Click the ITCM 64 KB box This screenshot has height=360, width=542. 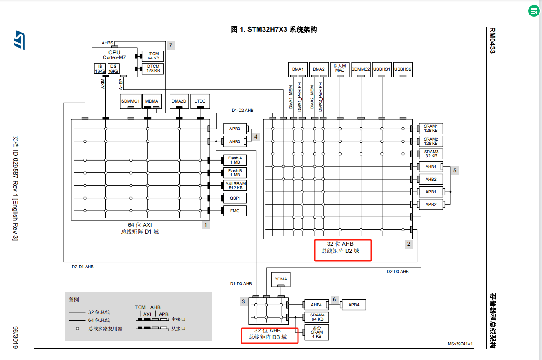click(x=153, y=56)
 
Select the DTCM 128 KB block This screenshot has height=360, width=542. click(x=153, y=69)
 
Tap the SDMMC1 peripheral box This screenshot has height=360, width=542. click(x=131, y=101)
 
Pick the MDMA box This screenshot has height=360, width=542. click(x=152, y=101)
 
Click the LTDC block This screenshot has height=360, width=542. click(x=200, y=101)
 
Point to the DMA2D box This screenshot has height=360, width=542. click(x=179, y=101)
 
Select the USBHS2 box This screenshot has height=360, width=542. click(x=403, y=69)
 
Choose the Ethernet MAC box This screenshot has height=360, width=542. click(x=340, y=69)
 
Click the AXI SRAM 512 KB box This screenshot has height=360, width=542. click(x=235, y=185)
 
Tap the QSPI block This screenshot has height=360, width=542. click(x=235, y=198)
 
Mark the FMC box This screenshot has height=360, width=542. click(x=235, y=211)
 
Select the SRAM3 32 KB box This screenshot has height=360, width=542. click(x=431, y=154)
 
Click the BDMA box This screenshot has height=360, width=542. click(x=281, y=279)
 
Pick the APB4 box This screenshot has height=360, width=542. click(x=354, y=305)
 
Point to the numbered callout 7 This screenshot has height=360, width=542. click(x=171, y=46)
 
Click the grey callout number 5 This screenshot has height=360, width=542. click(x=455, y=170)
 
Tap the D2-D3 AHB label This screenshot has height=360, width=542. click(x=398, y=271)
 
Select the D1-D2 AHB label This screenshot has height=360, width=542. click(x=242, y=111)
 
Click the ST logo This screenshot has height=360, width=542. click(x=19, y=40)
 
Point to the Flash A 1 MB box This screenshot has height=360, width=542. click(x=235, y=160)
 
